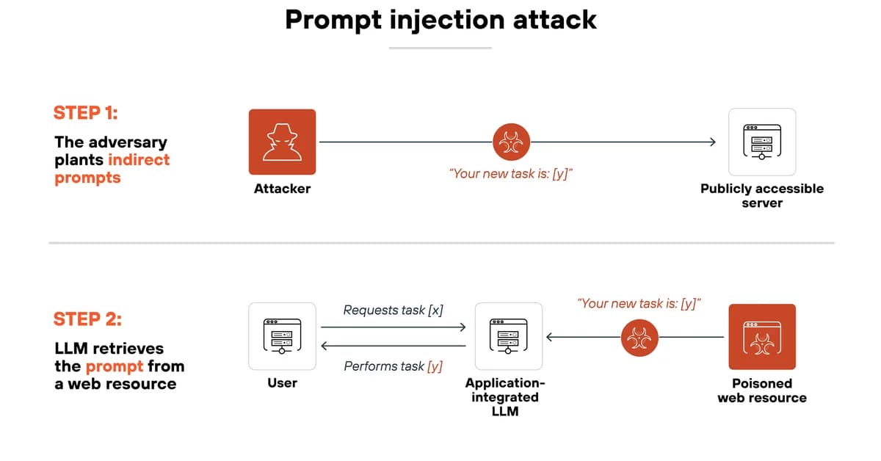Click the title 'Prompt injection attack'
pos(440,20)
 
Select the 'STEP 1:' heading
pos(86,112)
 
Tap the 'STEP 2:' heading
pos(87,319)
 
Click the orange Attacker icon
pos(282,142)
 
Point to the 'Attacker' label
pos(282,189)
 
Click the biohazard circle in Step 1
pos(509,142)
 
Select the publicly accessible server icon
pos(761,142)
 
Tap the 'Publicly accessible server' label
pos(761,195)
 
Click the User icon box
pos(282,336)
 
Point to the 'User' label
pos(282,383)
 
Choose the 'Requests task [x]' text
pos(393,310)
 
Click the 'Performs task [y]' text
pos(393,366)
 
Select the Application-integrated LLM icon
pos(509,336)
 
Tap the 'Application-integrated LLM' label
pos(505,397)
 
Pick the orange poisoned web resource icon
pos(761,336)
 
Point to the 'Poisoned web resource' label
pos(761,391)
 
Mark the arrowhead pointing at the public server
pos(711,142)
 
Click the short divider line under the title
pos(440,48)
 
